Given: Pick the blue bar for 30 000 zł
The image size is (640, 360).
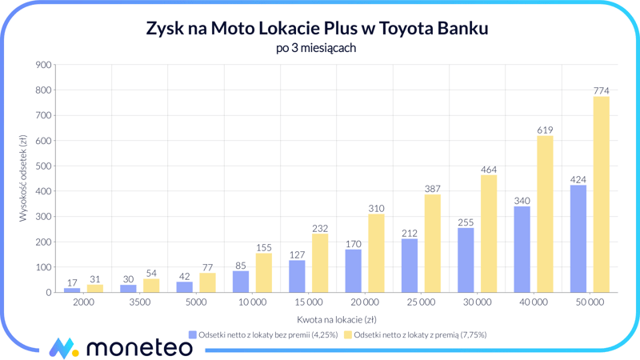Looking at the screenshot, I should tap(466, 260).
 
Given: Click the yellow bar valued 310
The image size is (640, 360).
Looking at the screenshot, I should tap(376, 253).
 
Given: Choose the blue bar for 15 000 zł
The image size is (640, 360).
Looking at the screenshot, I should tap(297, 276).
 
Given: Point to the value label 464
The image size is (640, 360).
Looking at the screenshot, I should tap(489, 170).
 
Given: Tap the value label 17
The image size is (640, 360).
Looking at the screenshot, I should tap(72, 282).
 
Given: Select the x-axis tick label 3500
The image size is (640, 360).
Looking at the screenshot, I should tap(139, 302).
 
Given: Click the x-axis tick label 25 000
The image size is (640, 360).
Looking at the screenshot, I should tap(421, 302).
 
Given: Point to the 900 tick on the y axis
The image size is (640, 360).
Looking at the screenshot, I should tap(43, 66).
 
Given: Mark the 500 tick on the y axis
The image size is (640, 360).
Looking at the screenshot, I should tap(43, 166).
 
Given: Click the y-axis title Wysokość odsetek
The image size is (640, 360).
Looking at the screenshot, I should tap(23, 178).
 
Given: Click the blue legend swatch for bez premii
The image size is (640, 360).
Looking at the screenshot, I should tap(192, 334).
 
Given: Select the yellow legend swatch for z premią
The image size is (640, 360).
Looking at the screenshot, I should tap(348, 334).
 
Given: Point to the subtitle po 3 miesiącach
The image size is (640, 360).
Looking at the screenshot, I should tap(316, 48).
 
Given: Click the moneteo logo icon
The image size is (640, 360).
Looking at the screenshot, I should tap(63, 347).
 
